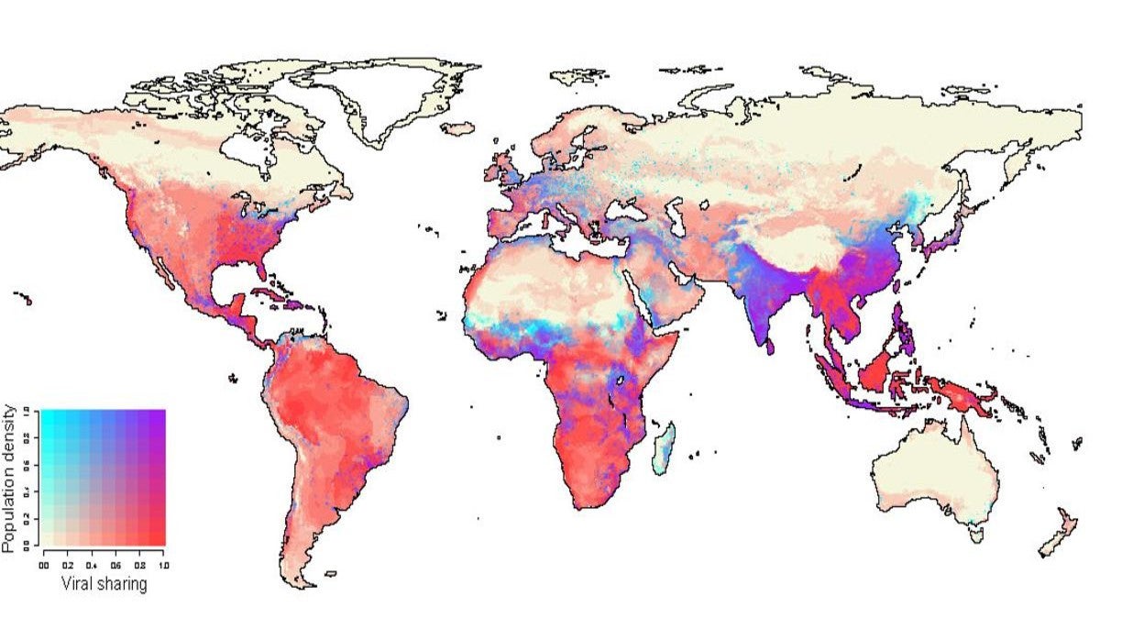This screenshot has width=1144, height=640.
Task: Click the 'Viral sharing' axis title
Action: tap(104, 583)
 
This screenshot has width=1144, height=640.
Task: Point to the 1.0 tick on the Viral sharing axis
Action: tap(163, 566)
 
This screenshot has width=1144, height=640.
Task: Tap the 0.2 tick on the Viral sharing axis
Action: tap(68, 566)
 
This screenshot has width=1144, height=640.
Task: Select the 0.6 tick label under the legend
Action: tap(115, 566)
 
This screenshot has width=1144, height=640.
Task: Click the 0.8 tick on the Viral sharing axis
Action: tap(139, 566)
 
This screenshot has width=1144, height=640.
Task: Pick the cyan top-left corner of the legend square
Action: tap(47, 414)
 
